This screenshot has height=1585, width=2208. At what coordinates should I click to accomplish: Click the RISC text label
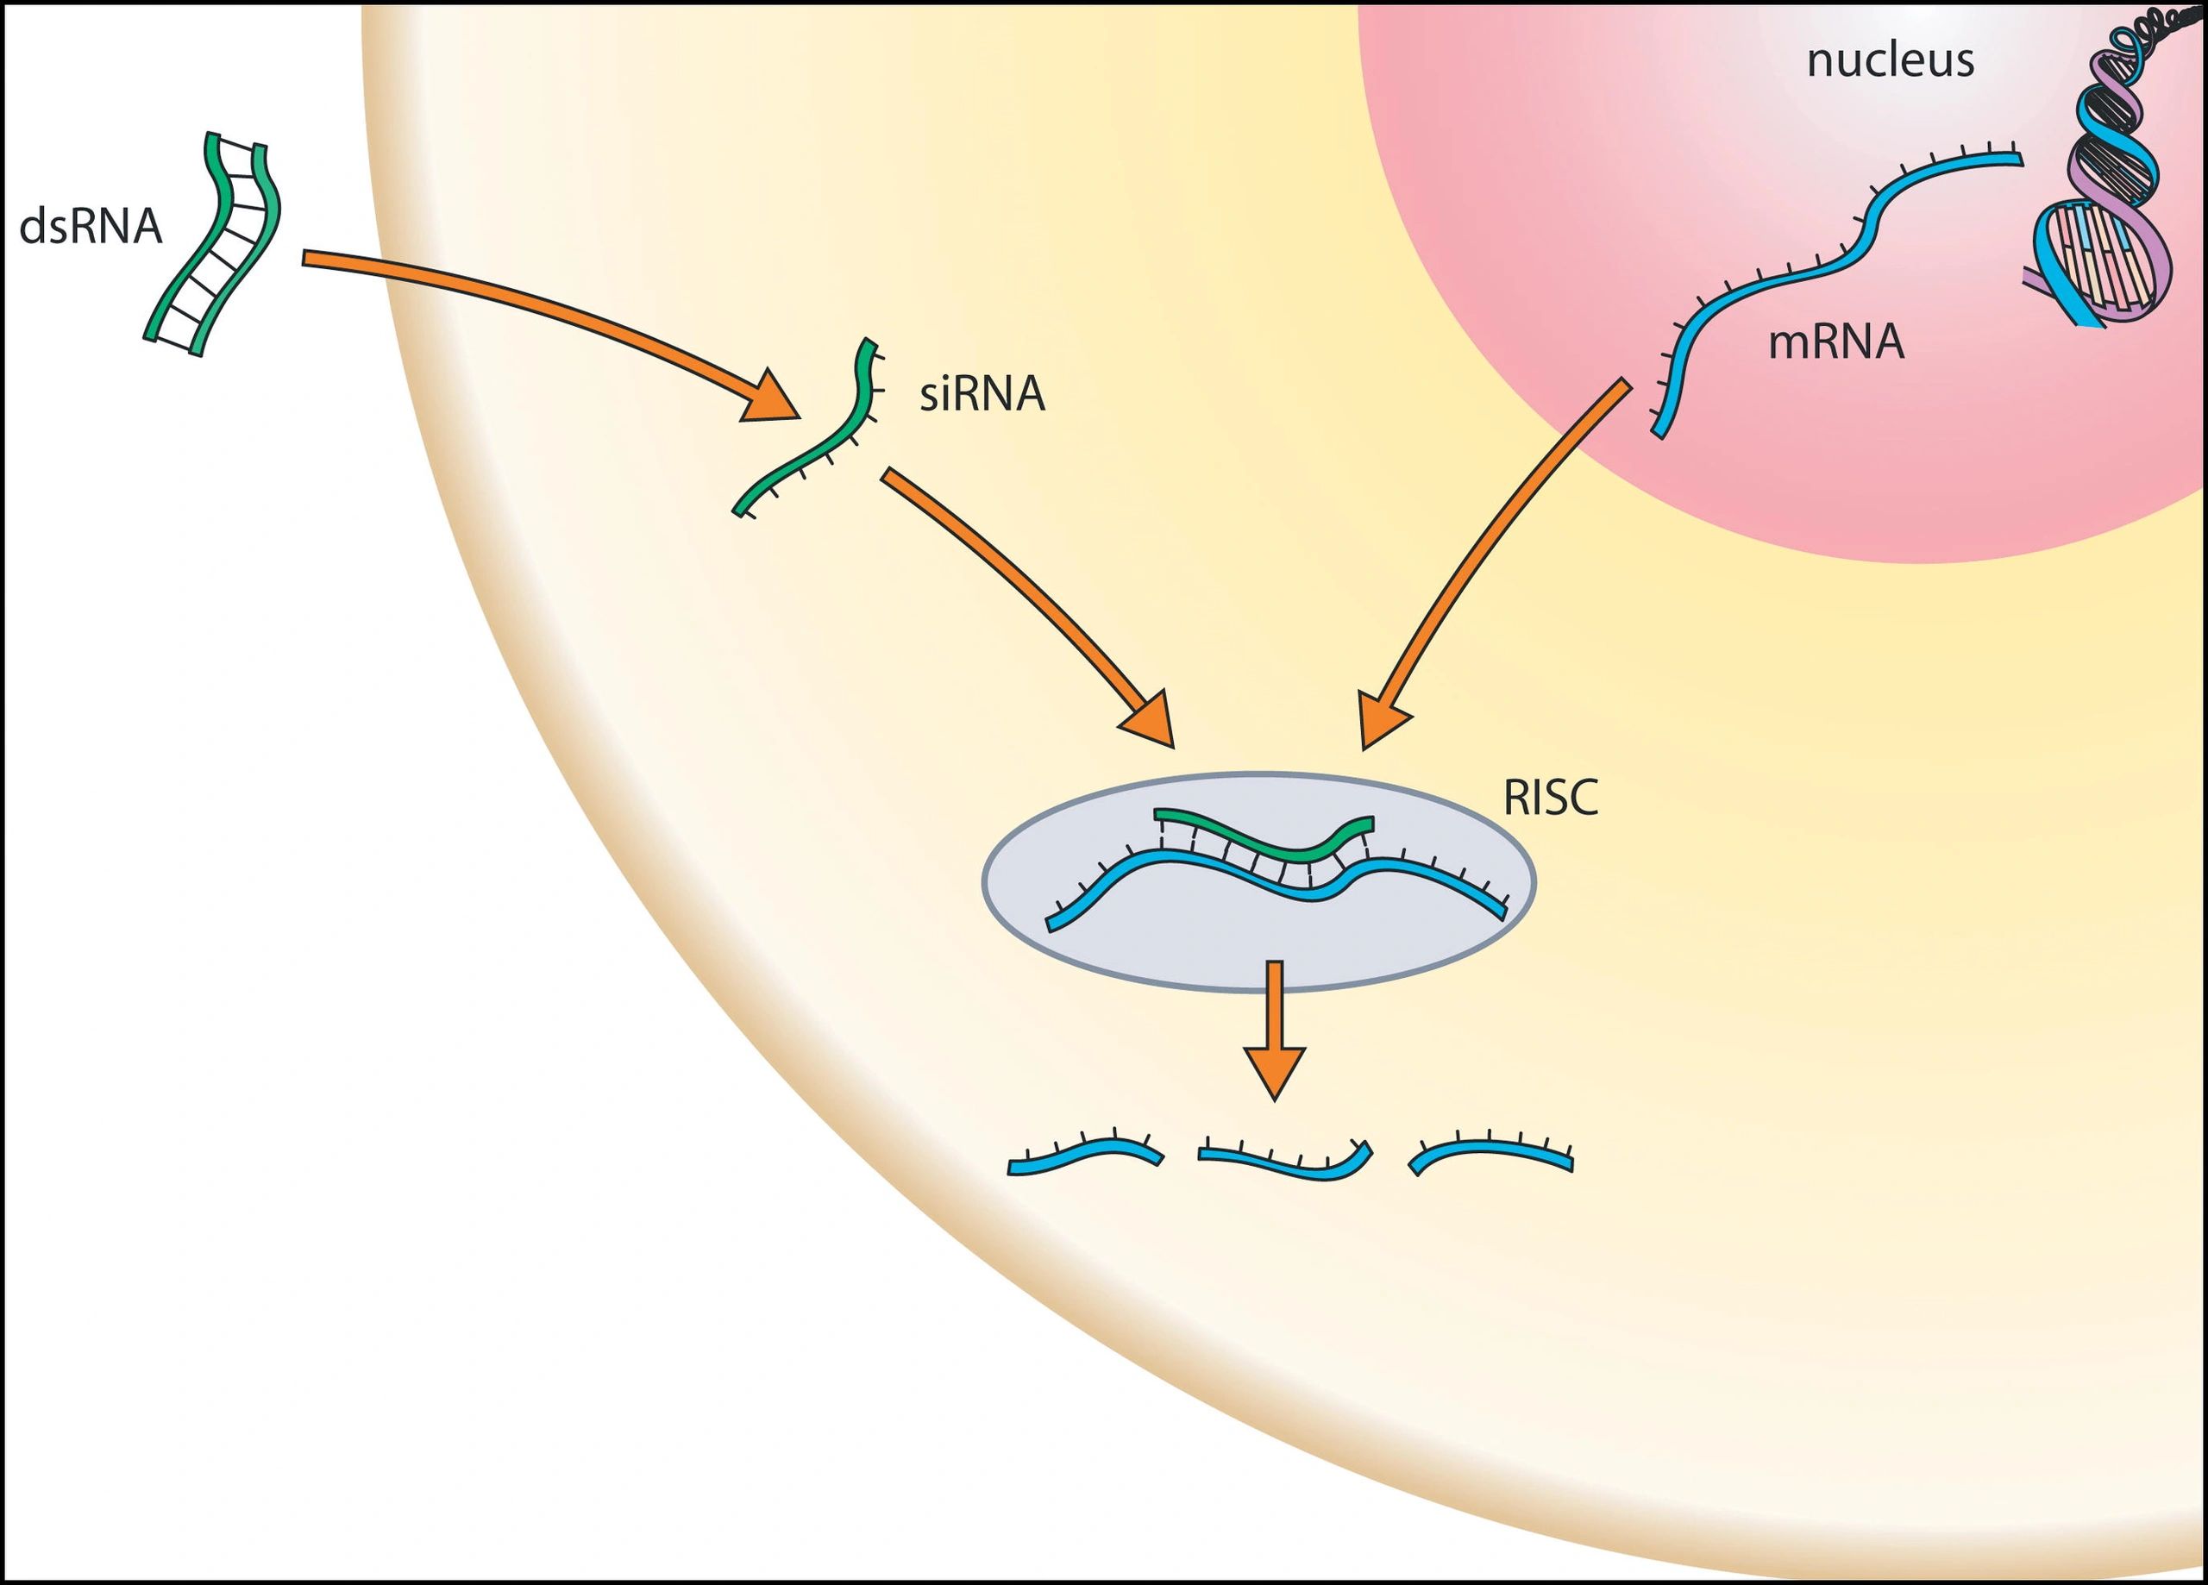(1550, 799)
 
